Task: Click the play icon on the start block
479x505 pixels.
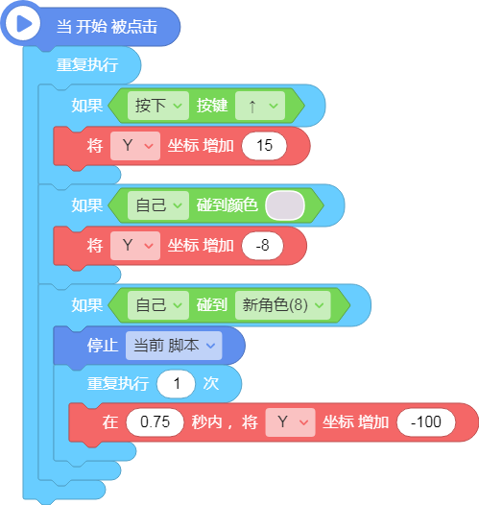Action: coord(23,23)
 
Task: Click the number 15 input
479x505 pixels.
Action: coord(264,146)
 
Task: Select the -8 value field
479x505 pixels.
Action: coord(262,246)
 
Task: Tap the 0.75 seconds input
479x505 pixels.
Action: coord(155,422)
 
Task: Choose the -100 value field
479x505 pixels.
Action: coord(426,422)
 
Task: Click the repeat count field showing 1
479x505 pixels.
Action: coord(176,384)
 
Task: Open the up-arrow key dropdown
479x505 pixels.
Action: coord(260,106)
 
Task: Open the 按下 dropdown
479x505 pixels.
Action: coord(158,106)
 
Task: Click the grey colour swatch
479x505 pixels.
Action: coord(285,205)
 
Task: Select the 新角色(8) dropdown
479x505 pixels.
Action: coord(282,305)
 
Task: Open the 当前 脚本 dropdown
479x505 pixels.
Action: coord(174,346)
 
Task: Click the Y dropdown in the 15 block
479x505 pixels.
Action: coord(135,146)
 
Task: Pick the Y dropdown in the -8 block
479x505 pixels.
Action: coord(135,246)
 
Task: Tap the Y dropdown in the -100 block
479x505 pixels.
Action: coord(290,422)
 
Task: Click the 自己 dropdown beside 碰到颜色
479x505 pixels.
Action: coord(158,205)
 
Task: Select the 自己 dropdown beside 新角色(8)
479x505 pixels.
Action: coord(158,305)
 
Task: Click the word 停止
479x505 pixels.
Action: coord(103,346)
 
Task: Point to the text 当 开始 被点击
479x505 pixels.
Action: coord(107,27)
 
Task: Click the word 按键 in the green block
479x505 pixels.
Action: coord(212,106)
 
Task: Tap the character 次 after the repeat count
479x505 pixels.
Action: coord(211,384)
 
